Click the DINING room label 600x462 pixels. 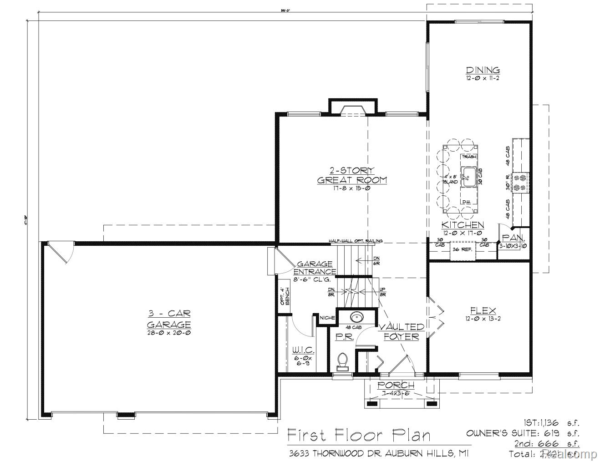(x=483, y=70)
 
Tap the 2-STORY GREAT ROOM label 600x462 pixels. (x=352, y=175)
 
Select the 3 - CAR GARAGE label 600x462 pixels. (x=169, y=319)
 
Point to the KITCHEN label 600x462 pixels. (x=463, y=225)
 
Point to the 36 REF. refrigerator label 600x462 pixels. (x=463, y=249)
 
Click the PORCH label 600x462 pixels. (x=396, y=386)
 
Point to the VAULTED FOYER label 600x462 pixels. (x=401, y=332)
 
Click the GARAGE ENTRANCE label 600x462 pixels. (x=315, y=268)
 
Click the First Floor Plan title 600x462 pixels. (x=359, y=436)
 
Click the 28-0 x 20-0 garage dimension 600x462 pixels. (x=169, y=333)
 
